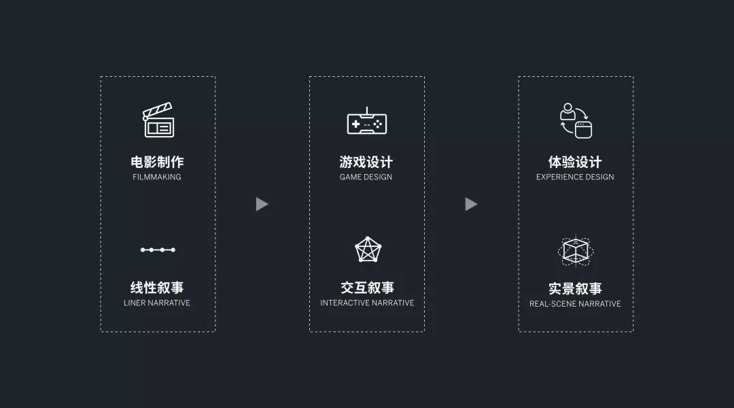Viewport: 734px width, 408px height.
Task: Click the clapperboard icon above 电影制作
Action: [158, 120]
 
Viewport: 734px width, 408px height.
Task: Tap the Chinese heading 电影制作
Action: [157, 162]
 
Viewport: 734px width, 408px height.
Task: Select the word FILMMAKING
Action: [157, 177]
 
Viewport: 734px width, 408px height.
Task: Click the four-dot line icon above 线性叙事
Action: [158, 250]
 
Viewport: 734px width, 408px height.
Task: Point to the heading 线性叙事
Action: [157, 288]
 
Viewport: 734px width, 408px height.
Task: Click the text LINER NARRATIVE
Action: [157, 303]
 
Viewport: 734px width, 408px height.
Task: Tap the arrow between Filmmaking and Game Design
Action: [262, 204]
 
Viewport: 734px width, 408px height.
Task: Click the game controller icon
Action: [366, 122]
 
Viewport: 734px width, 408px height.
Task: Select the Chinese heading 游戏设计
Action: [366, 162]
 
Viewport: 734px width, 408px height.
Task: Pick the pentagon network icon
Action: [368, 250]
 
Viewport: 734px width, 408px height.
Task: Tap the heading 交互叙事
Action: [367, 288]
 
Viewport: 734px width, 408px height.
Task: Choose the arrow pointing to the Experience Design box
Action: [471, 204]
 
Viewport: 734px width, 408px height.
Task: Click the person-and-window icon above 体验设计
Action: [576, 120]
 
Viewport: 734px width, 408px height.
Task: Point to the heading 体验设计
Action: [575, 162]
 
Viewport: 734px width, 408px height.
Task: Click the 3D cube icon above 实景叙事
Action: [576, 251]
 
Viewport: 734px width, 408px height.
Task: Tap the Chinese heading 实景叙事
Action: [575, 288]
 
